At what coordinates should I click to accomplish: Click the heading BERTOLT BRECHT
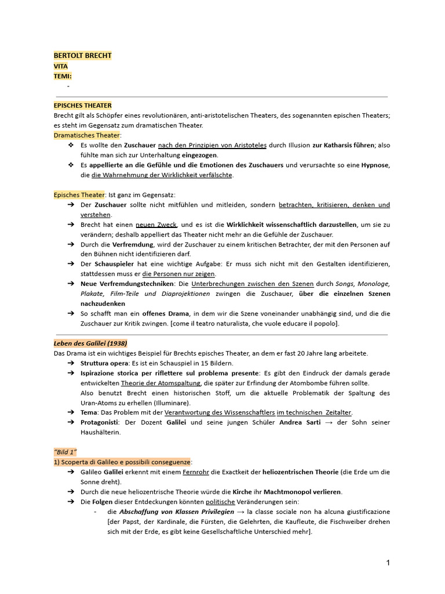click(x=82, y=56)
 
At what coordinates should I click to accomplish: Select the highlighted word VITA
click(x=61, y=66)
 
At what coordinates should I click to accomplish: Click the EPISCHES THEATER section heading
click(x=82, y=106)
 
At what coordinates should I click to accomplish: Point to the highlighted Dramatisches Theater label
click(x=86, y=135)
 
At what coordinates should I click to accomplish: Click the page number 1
click(x=388, y=563)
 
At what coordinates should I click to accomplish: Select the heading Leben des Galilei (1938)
click(x=90, y=343)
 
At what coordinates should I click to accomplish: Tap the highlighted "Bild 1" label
click(x=65, y=451)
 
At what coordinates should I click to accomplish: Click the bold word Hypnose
click(x=375, y=165)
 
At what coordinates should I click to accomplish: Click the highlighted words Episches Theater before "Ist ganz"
click(x=79, y=195)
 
